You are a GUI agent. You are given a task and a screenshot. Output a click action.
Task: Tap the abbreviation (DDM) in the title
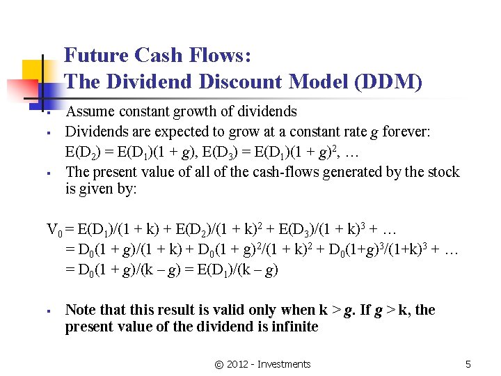pyautogui.click(x=388, y=82)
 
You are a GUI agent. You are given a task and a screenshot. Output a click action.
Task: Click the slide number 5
pyautogui.click(x=468, y=364)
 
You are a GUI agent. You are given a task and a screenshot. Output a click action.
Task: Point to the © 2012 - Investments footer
pyautogui.click(x=264, y=364)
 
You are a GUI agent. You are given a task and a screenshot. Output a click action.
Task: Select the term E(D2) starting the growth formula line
pyautogui.click(x=82, y=150)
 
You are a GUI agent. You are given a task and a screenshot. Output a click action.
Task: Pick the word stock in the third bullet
pyautogui.click(x=443, y=171)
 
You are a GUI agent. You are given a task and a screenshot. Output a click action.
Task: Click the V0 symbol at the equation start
pyautogui.click(x=54, y=230)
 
